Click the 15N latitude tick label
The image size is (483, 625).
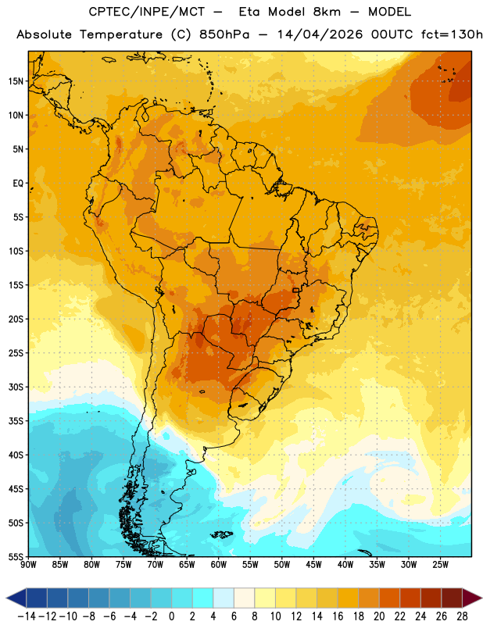coord(16,81)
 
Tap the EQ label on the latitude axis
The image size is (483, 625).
coord(18,184)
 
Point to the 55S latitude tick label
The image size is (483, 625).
coord(16,556)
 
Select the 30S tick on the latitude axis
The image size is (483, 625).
coord(16,387)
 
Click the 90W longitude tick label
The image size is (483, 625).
coord(28,565)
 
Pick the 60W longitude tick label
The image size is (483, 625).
coord(219,565)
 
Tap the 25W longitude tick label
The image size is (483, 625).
coord(440,565)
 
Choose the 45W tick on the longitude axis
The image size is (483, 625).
coord(313,565)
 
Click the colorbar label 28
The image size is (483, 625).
coord(462,616)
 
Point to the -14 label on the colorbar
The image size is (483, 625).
coord(27,616)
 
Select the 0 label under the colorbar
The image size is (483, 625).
coord(171,616)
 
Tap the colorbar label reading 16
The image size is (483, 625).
coord(338,616)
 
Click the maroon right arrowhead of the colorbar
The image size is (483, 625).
coord(472,598)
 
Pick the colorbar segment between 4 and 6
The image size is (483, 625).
coord(224,598)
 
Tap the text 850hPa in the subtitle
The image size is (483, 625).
coord(224,34)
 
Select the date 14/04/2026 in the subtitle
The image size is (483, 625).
coord(320,34)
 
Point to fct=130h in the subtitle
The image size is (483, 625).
coord(452,34)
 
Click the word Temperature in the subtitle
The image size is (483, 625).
coord(121,35)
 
